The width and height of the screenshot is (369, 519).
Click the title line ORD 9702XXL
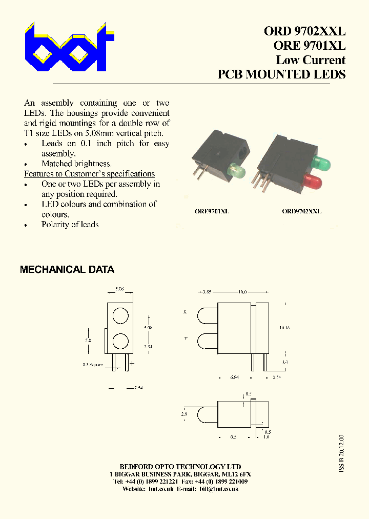(304, 31)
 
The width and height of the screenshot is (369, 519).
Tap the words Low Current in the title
(311, 60)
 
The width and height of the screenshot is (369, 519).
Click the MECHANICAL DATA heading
(67, 270)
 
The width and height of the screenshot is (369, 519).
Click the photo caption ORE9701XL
(212, 211)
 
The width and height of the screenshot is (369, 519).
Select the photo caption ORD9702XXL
(302, 211)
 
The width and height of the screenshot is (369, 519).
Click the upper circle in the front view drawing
(120, 316)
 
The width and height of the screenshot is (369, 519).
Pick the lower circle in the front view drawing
(120, 341)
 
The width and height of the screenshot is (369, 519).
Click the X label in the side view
(185, 312)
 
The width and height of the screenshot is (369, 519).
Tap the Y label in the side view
(185, 338)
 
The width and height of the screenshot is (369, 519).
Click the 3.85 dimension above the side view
(207, 292)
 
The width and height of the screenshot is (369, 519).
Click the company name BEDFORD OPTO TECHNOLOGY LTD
(180, 467)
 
